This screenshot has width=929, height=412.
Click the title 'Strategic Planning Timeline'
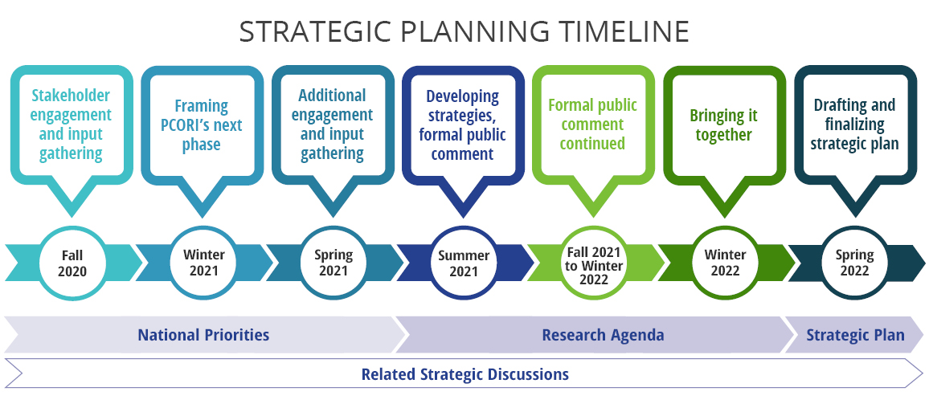pos(464,31)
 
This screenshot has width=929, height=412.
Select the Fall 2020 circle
pos(72,263)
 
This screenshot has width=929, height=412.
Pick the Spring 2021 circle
pos(333,263)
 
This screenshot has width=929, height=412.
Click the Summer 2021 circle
pos(463,263)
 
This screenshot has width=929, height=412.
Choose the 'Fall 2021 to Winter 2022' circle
pos(593,263)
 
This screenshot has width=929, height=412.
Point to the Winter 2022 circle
pos(724,263)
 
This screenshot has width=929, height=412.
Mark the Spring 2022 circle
pos(854,263)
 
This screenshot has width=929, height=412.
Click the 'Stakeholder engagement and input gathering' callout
pos(72,124)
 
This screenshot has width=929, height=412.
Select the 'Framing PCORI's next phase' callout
pos(202,124)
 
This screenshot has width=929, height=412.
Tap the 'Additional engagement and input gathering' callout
pos(332,124)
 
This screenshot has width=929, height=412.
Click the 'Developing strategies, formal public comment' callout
pos(463,124)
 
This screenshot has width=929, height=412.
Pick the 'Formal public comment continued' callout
pos(593,124)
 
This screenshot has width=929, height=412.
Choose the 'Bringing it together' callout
pos(724,124)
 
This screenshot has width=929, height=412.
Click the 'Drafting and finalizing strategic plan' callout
pos(854,124)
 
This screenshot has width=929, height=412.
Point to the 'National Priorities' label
pos(203,335)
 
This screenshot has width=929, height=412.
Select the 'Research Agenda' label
pos(603,335)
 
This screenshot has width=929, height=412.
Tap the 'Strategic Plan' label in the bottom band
pos(855,335)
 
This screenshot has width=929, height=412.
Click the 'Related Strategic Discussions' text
pos(464,374)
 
